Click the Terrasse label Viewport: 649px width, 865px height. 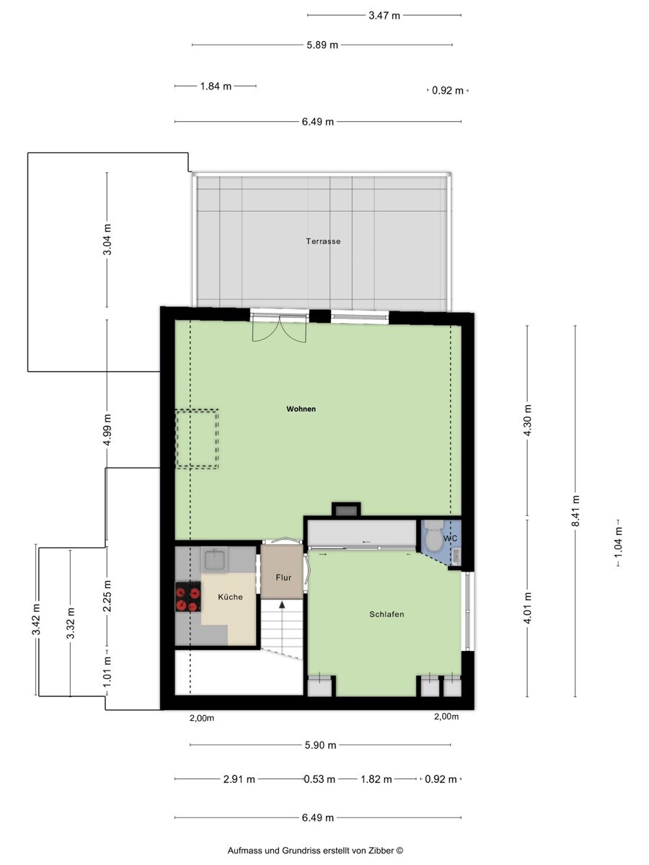[323, 241]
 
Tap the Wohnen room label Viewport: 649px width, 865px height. [301, 409]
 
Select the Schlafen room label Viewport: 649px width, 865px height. [387, 614]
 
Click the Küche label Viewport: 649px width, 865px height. [230, 597]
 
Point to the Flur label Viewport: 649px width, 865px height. [283, 577]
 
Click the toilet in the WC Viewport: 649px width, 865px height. [433, 536]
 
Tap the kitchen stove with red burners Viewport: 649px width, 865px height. [188, 597]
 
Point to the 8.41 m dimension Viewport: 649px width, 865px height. [575, 511]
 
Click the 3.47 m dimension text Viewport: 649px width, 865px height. [384, 16]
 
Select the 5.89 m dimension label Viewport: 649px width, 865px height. [322, 45]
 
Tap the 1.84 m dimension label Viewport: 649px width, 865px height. [216, 86]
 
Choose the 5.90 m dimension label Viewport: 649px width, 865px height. [320, 745]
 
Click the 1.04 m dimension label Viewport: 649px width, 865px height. [618, 542]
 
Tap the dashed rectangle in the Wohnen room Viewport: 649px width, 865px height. [197, 439]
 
